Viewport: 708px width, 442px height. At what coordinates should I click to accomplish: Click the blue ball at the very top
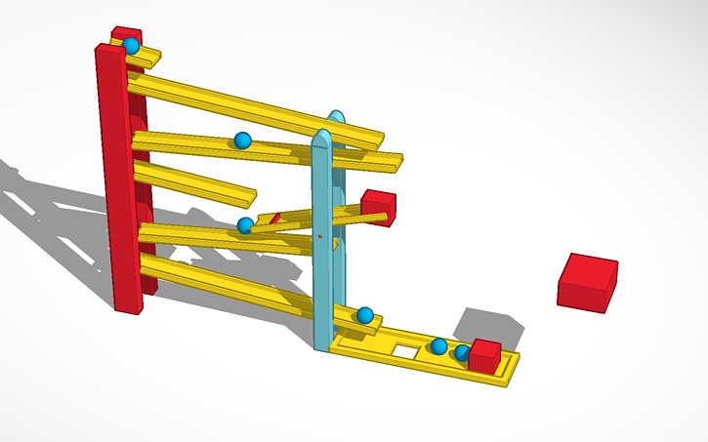point(131,46)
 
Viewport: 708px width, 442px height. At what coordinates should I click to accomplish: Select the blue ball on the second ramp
point(242,141)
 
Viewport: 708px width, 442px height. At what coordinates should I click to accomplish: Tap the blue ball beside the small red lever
point(245,225)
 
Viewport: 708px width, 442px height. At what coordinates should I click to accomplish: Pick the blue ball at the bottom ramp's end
point(364,314)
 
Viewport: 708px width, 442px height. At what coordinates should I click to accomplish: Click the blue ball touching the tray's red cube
point(462,352)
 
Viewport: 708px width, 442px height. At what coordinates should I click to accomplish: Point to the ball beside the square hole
point(439,346)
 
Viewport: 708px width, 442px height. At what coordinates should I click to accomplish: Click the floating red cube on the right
point(588,282)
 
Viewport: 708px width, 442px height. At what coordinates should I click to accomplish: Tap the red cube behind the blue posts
point(378,207)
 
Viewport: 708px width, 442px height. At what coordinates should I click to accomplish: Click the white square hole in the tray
point(405,348)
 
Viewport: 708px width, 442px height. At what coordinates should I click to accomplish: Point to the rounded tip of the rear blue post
point(336,117)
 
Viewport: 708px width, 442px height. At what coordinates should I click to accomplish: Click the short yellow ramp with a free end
point(195,181)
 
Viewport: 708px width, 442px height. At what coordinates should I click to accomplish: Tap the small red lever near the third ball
point(273,219)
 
